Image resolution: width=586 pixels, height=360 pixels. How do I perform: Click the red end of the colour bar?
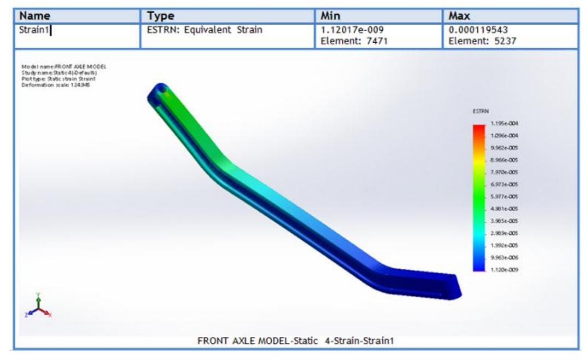point(479,129)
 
